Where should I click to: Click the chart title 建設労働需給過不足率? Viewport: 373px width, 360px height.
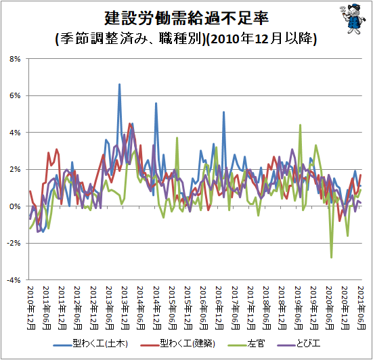tap(187, 18)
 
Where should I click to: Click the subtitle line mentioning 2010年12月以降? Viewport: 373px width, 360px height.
tap(186, 39)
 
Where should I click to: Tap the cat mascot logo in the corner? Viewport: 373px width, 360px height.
tap(353, 19)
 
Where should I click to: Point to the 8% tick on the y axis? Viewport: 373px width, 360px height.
tap(15, 59)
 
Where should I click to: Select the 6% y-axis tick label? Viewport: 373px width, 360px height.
tap(15, 95)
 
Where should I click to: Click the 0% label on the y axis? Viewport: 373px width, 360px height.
tap(15, 206)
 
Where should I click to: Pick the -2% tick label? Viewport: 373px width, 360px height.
tap(14, 243)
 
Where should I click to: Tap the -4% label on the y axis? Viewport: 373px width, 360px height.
tap(14, 280)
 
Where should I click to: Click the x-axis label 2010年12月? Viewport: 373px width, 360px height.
tap(31, 308)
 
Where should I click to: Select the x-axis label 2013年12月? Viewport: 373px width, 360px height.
tap(125, 308)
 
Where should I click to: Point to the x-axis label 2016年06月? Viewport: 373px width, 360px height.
tap(204, 308)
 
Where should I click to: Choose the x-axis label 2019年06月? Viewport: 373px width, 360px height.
tap(299, 308)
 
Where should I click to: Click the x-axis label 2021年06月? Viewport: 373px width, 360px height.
tap(361, 308)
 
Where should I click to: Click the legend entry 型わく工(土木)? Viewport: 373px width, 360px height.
tap(91, 344)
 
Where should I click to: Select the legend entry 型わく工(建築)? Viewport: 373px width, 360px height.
tap(177, 344)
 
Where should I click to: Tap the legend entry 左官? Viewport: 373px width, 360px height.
tap(246, 344)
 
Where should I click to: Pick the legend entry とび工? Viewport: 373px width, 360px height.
tap(299, 344)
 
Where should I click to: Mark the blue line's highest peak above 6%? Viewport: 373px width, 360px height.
tap(119, 84)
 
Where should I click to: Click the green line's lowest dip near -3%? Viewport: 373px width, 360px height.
tap(332, 257)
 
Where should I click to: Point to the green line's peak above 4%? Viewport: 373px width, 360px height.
tap(300, 125)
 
